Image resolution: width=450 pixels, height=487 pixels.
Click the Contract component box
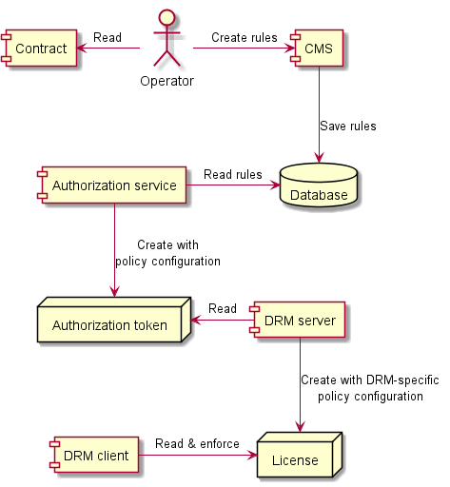point(39,49)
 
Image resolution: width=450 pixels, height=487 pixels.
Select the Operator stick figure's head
point(166,18)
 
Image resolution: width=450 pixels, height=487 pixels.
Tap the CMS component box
point(318,49)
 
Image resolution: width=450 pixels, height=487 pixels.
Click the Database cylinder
point(319,187)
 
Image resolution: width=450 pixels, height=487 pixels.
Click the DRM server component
point(298,321)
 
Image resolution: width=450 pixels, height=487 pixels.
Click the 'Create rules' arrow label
point(244,38)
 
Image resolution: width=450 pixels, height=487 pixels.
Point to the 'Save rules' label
point(348,127)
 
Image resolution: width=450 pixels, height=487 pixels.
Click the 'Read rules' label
point(232,174)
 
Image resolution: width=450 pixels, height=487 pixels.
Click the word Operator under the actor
point(166,81)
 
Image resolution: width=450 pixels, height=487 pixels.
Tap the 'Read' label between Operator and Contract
point(107,38)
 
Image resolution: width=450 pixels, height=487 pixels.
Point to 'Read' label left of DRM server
point(223,309)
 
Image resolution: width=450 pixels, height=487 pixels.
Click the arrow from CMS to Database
point(319,114)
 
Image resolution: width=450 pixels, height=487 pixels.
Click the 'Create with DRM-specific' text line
point(369,380)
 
